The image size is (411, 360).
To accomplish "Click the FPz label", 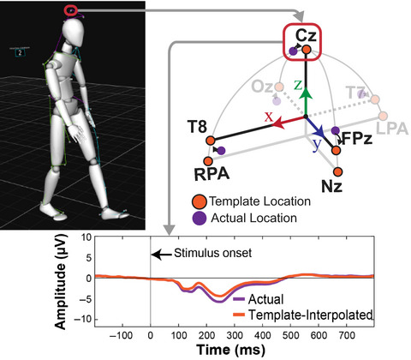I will (x=356, y=135).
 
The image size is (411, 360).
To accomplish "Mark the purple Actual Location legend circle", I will (x=198, y=219).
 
